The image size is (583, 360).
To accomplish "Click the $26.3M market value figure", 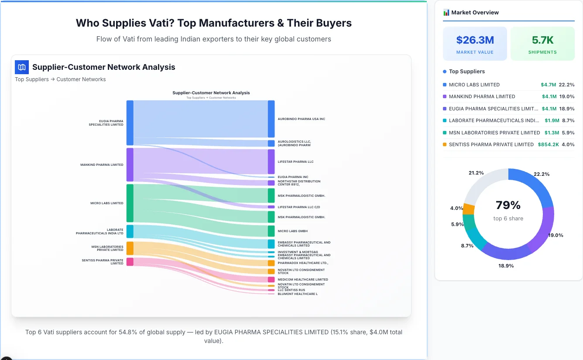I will [x=475, y=40].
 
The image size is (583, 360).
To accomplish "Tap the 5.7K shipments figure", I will [x=542, y=40].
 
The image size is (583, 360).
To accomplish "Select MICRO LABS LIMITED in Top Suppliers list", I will [x=474, y=85].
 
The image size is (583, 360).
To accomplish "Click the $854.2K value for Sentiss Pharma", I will [x=548, y=144].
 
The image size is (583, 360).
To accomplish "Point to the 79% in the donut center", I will [x=508, y=205].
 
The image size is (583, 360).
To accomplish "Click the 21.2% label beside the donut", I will [x=476, y=173].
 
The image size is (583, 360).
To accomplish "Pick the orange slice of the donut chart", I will [x=468, y=209].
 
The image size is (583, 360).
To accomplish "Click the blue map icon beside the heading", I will [x=22, y=67].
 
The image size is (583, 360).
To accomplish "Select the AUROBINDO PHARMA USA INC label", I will [x=301, y=119].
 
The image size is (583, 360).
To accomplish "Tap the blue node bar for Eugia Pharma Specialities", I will [x=130, y=123].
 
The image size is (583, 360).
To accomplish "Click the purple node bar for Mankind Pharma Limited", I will [x=130, y=165].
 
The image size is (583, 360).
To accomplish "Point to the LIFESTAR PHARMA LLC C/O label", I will [x=298, y=207].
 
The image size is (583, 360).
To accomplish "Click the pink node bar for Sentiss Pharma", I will [x=130, y=262].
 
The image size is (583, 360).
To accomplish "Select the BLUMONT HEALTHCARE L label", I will [x=298, y=294].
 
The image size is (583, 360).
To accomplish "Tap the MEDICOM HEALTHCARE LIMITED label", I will [x=303, y=280].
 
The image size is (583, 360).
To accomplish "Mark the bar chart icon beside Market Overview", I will [x=446, y=13].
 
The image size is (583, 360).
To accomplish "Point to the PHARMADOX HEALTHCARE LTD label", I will [x=303, y=263].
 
